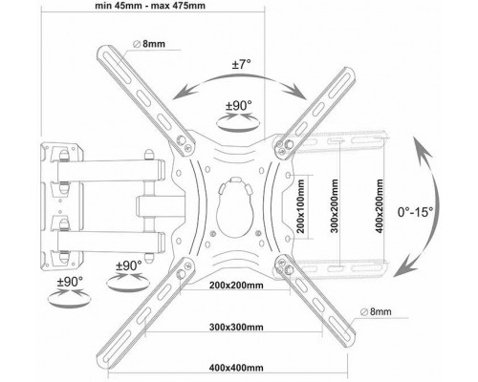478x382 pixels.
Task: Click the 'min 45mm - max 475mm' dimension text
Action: tap(150, 6)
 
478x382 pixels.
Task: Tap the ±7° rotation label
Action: tap(241, 65)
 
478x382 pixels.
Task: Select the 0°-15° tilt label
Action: tap(415, 212)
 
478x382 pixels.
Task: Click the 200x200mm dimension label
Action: tap(236, 285)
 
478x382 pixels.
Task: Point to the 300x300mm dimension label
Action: tap(236, 327)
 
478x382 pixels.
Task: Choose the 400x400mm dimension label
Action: tap(236, 368)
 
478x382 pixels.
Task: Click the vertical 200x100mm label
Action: tap(300, 206)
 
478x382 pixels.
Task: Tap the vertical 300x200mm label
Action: tap(335, 206)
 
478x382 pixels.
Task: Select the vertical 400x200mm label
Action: tap(380, 206)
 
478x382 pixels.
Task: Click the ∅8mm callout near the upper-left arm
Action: tap(149, 44)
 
